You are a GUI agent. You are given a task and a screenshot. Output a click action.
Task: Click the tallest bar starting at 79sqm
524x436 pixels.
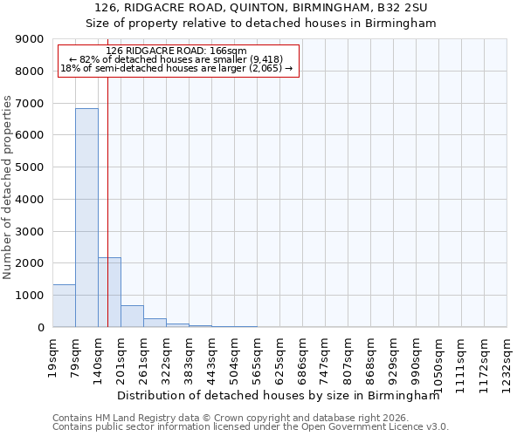pyautogui.click(x=86, y=218)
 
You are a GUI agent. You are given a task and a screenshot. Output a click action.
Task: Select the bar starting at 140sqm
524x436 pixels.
pyautogui.click(x=109, y=292)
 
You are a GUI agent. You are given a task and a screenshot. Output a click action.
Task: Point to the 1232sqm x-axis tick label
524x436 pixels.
pyautogui.click(x=507, y=358)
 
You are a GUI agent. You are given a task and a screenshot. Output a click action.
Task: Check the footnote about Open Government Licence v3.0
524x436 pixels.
pyautogui.click(x=251, y=427)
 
